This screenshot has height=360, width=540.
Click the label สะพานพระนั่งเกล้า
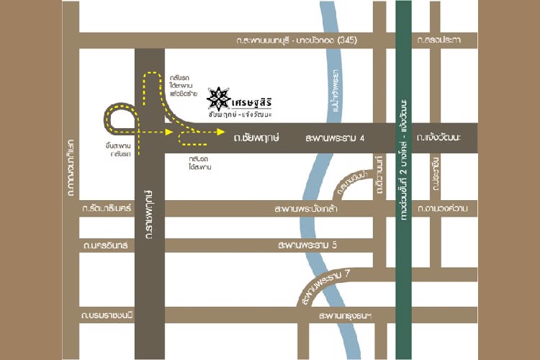311,209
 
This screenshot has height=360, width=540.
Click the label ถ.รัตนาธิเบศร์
107,209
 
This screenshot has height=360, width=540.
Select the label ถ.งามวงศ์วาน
446,209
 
